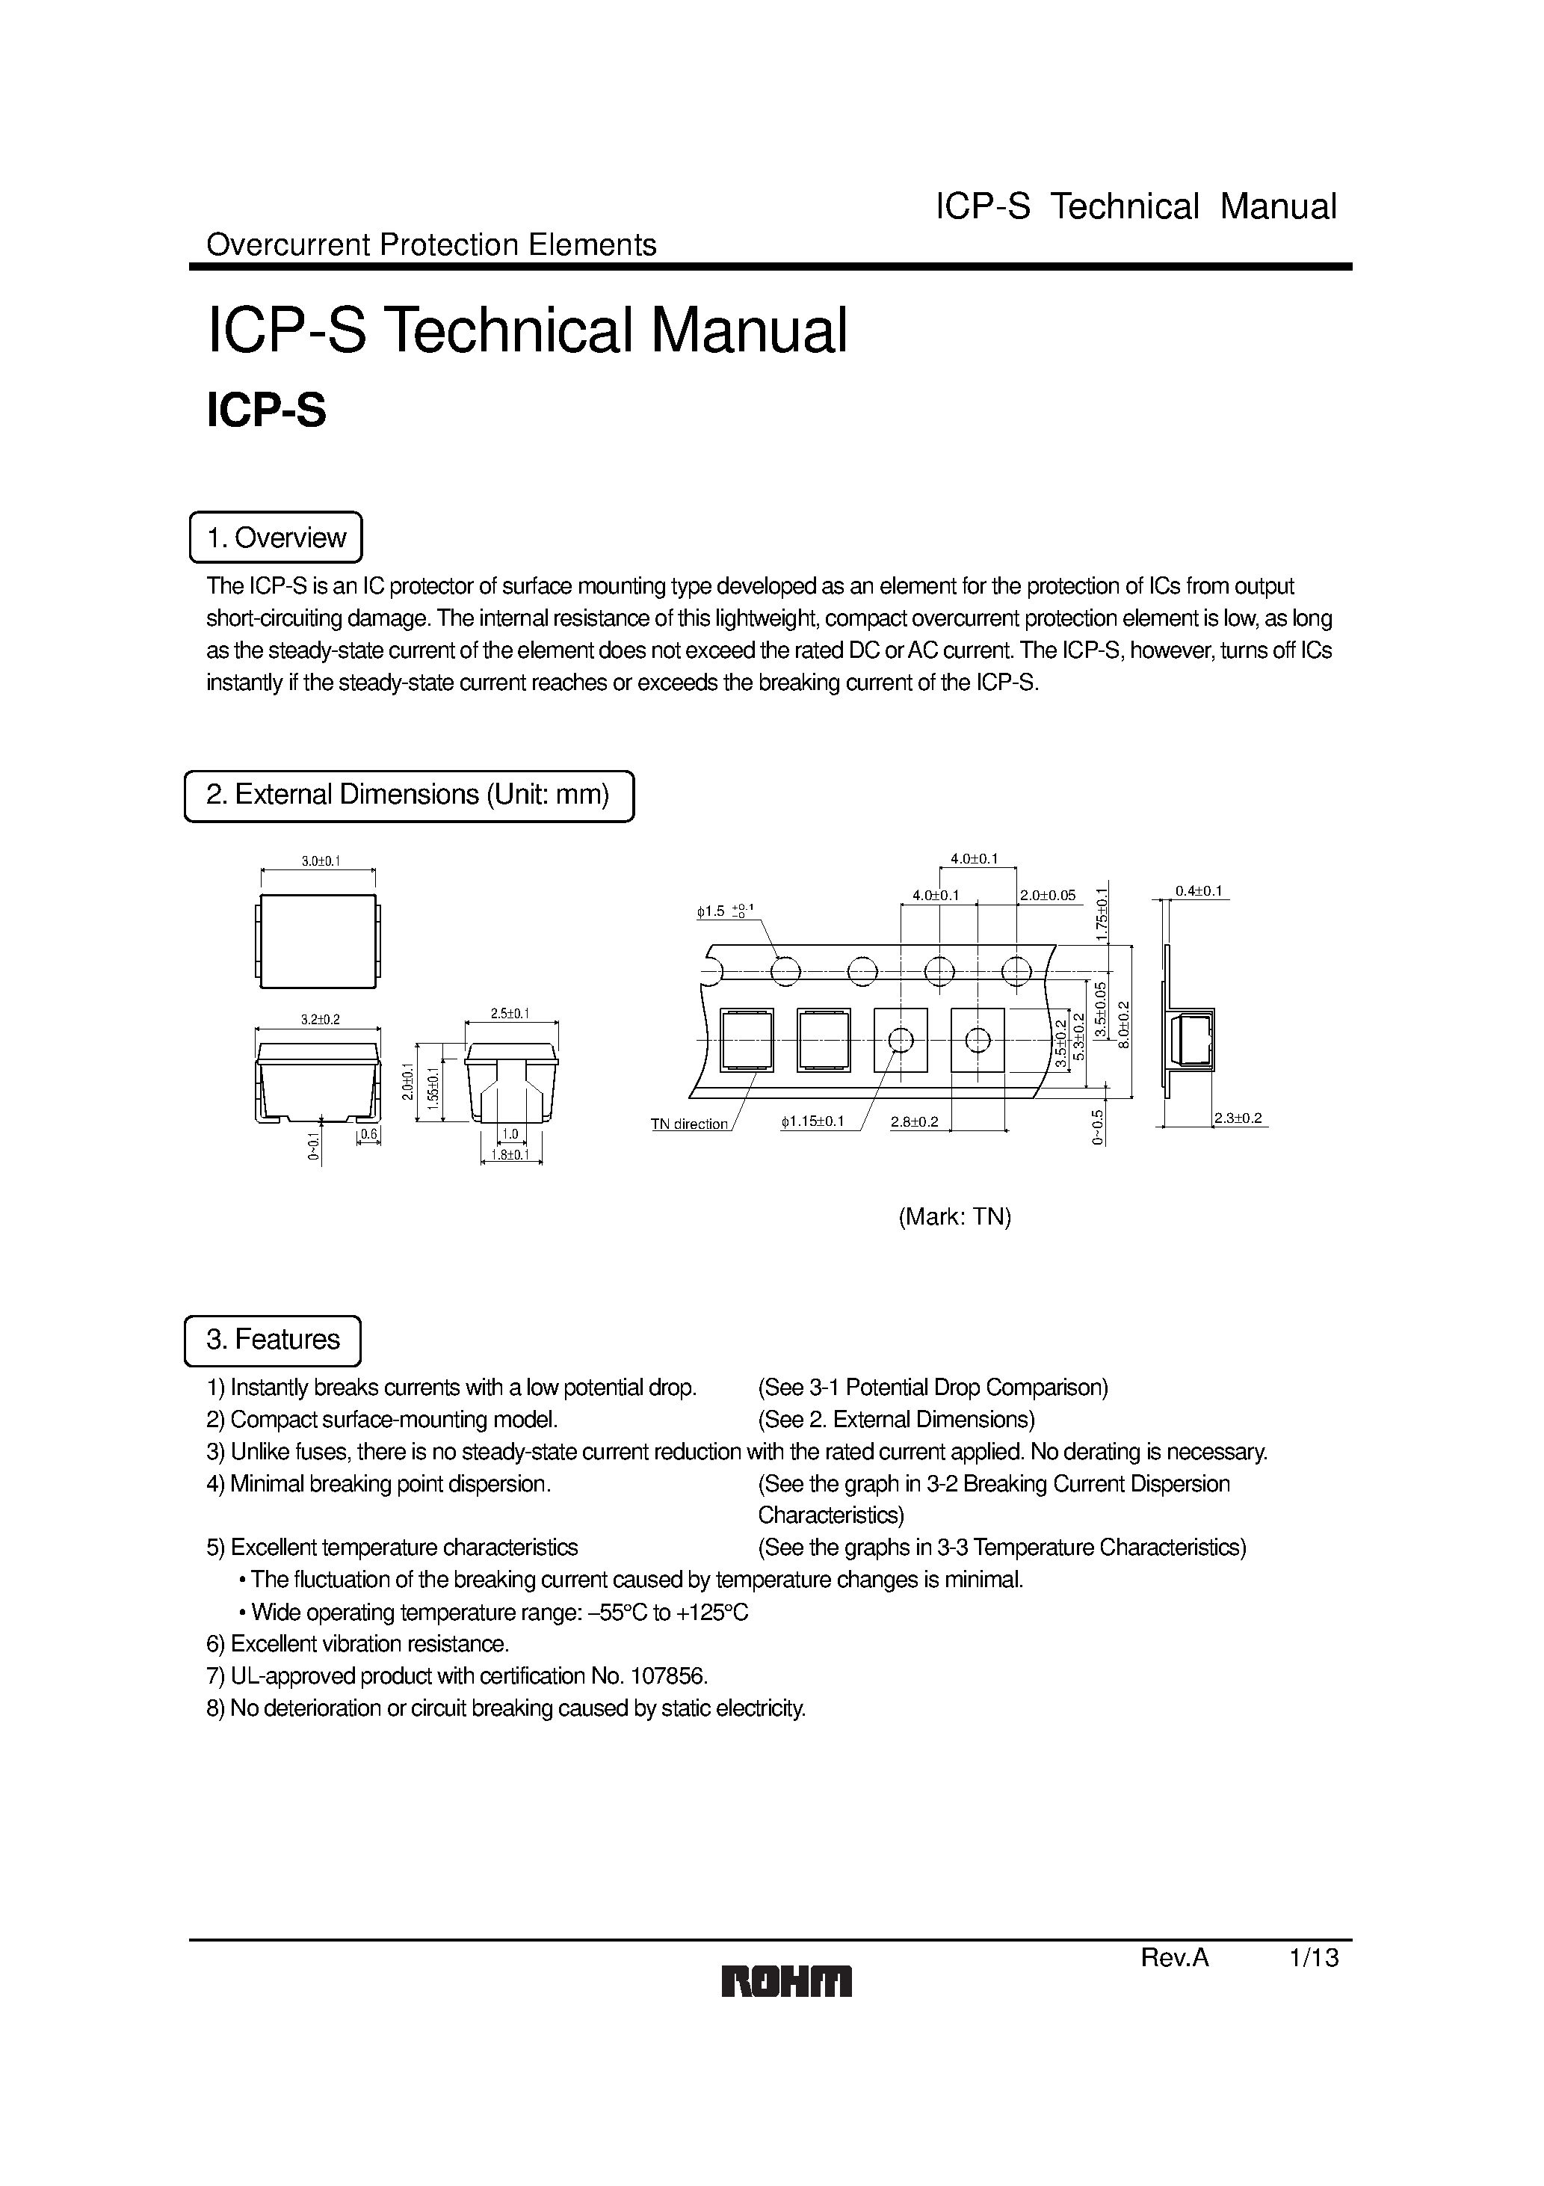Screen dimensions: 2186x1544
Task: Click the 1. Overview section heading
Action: [x=276, y=538]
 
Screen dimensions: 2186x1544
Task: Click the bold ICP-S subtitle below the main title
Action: [x=267, y=410]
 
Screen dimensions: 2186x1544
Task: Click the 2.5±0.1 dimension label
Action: [x=510, y=1014]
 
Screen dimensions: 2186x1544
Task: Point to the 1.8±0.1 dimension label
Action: [x=510, y=1155]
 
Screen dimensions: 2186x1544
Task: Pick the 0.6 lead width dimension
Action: [x=368, y=1134]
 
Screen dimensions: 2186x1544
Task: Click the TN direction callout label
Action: [x=689, y=1124]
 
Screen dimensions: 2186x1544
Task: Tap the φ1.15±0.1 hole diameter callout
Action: [x=812, y=1121]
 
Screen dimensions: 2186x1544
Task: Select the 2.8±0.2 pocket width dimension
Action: [x=914, y=1121]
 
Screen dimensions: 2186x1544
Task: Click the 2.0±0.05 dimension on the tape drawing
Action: [x=1047, y=895]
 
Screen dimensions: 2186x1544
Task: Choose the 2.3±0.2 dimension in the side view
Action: [x=1238, y=1118]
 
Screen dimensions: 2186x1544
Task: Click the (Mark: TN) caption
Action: [x=955, y=1217]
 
